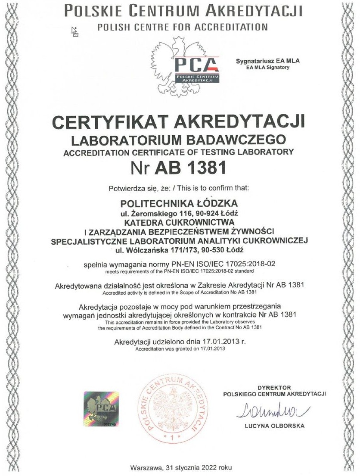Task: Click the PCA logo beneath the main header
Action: point(196,69)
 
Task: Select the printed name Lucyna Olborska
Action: point(274,426)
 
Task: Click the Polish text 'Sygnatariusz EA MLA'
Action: point(267,61)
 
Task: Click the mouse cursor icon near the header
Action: point(75,32)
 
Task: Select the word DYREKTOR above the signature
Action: point(275,388)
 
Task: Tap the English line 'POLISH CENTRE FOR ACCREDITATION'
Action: point(183,27)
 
